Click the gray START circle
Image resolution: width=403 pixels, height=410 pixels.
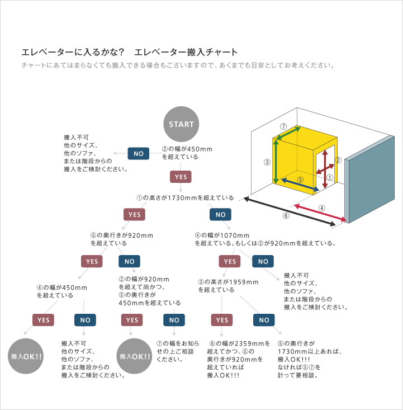point(181,124)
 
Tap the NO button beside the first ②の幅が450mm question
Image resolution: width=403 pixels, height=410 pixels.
point(139,153)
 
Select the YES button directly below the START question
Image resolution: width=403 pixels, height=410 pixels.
point(181,177)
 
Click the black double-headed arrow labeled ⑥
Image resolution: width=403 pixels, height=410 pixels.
point(290,211)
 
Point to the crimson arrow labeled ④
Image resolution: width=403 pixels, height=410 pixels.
point(320,213)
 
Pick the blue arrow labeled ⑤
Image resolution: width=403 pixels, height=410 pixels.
point(300,185)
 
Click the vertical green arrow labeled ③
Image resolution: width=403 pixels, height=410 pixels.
point(276,162)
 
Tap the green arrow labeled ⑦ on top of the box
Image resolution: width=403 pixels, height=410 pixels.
point(288,133)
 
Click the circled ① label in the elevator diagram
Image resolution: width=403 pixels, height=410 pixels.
point(330,177)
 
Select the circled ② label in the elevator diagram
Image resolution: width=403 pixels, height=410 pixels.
point(338,160)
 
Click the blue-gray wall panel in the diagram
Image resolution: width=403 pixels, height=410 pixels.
point(369,180)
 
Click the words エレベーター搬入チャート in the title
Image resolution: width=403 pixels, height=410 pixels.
point(186,52)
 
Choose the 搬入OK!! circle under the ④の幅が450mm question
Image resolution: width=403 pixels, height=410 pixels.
point(26,356)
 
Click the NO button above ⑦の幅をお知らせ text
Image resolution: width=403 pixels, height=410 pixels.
point(174,320)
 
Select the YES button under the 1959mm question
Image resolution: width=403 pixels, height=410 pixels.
point(222,320)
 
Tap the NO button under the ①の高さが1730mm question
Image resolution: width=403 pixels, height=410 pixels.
point(220,215)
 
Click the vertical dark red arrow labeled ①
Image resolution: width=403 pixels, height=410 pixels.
point(325,169)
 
